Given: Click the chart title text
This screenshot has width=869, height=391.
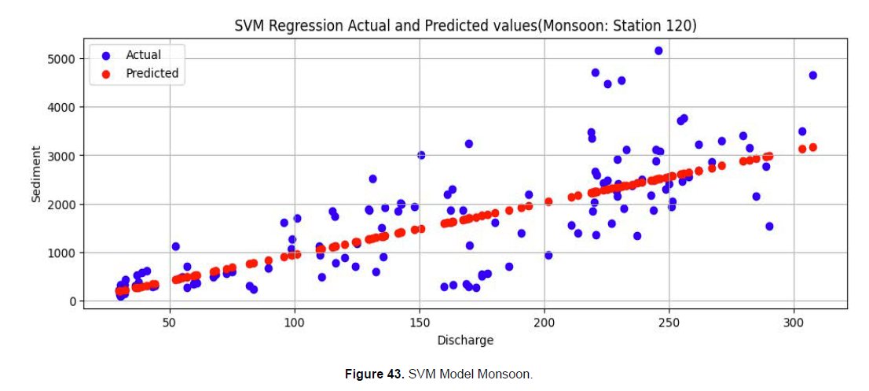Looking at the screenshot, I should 465,26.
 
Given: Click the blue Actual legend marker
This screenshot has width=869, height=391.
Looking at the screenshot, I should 106,55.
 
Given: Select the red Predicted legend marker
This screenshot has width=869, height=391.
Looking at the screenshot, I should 106,74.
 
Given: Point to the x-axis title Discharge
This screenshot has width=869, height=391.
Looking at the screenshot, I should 465,340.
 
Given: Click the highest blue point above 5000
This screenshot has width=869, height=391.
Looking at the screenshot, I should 658,51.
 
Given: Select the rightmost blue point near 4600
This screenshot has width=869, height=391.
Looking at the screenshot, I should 812,76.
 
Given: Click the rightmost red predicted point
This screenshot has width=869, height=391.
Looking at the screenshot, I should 812,147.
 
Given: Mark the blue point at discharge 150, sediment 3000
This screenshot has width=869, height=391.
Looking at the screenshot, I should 421,155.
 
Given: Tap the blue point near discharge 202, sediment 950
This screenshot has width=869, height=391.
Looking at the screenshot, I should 548,255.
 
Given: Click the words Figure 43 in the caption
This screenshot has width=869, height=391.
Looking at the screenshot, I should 374,374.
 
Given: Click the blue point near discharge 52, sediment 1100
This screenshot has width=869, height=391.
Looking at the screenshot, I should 176,246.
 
